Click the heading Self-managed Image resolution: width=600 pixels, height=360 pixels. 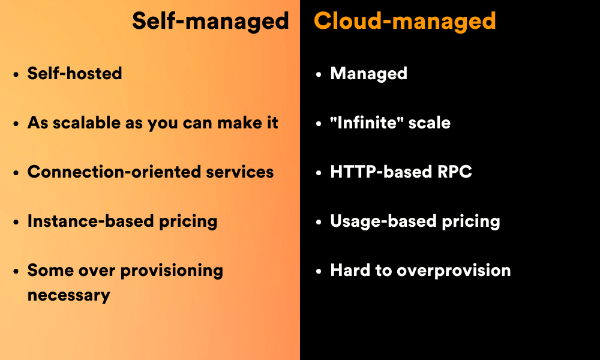click(x=211, y=22)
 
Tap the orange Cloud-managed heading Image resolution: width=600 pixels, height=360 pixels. click(x=405, y=22)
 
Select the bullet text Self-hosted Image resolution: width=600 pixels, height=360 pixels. click(x=74, y=73)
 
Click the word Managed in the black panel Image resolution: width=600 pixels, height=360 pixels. click(x=368, y=74)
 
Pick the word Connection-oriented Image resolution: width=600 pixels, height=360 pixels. click(x=114, y=172)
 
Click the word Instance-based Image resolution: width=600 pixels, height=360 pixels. click(x=91, y=221)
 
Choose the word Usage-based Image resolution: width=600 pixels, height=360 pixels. click(x=383, y=221)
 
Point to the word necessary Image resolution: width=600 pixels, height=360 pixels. click(x=69, y=296)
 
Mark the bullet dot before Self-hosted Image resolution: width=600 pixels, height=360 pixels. click(x=16, y=74)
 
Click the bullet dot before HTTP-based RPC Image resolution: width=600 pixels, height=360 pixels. click(x=319, y=173)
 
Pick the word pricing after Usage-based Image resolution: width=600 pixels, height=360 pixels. click(x=471, y=222)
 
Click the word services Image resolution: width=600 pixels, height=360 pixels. click(x=240, y=172)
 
